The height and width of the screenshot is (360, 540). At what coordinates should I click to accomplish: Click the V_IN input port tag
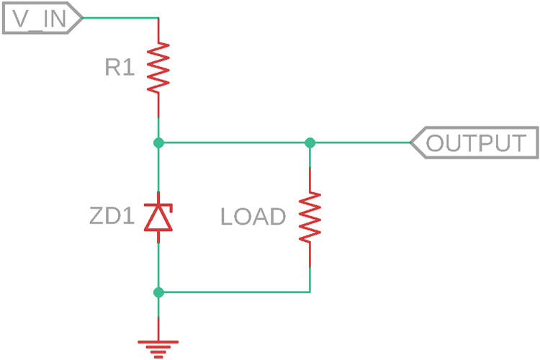point(42,18)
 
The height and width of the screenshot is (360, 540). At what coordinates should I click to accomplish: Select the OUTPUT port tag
point(474,143)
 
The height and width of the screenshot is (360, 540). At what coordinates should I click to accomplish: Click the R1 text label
point(120,67)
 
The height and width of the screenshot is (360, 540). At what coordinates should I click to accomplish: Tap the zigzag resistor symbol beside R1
point(158,68)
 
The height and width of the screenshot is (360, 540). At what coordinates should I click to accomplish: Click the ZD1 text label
point(112,216)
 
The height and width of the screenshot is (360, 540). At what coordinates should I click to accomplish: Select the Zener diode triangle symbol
point(158,220)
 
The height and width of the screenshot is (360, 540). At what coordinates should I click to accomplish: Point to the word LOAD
point(253,217)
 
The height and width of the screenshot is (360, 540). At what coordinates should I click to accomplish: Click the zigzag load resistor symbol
point(310,217)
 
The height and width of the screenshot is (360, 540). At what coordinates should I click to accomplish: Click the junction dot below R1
point(158,143)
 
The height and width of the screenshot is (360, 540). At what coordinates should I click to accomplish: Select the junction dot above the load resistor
point(310,143)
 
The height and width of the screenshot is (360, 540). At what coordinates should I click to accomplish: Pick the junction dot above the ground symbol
point(158,292)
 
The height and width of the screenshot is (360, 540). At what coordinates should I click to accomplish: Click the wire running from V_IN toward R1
point(120,17)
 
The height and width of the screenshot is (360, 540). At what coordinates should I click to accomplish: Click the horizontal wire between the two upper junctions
point(234,143)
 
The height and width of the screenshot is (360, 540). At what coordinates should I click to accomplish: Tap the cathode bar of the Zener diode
point(158,205)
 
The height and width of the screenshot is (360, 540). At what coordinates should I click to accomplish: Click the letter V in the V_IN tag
point(21,19)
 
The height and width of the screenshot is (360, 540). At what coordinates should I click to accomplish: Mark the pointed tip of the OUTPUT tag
point(410,143)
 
